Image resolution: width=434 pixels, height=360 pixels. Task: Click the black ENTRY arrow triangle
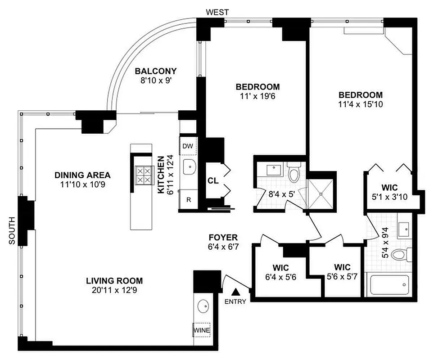tap(236, 293)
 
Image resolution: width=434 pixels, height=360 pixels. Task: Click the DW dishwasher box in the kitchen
tap(188, 145)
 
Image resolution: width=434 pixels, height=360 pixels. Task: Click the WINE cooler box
tap(201, 330)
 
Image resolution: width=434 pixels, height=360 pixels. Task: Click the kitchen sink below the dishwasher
tap(190, 167)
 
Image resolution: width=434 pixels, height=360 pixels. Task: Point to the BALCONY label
tap(156, 71)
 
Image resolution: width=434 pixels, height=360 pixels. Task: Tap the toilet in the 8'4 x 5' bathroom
tap(294, 174)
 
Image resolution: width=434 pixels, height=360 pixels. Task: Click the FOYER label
tap(223, 237)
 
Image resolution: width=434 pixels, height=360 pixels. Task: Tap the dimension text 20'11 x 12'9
tap(111, 290)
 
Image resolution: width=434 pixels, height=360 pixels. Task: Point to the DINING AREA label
tap(82, 175)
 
